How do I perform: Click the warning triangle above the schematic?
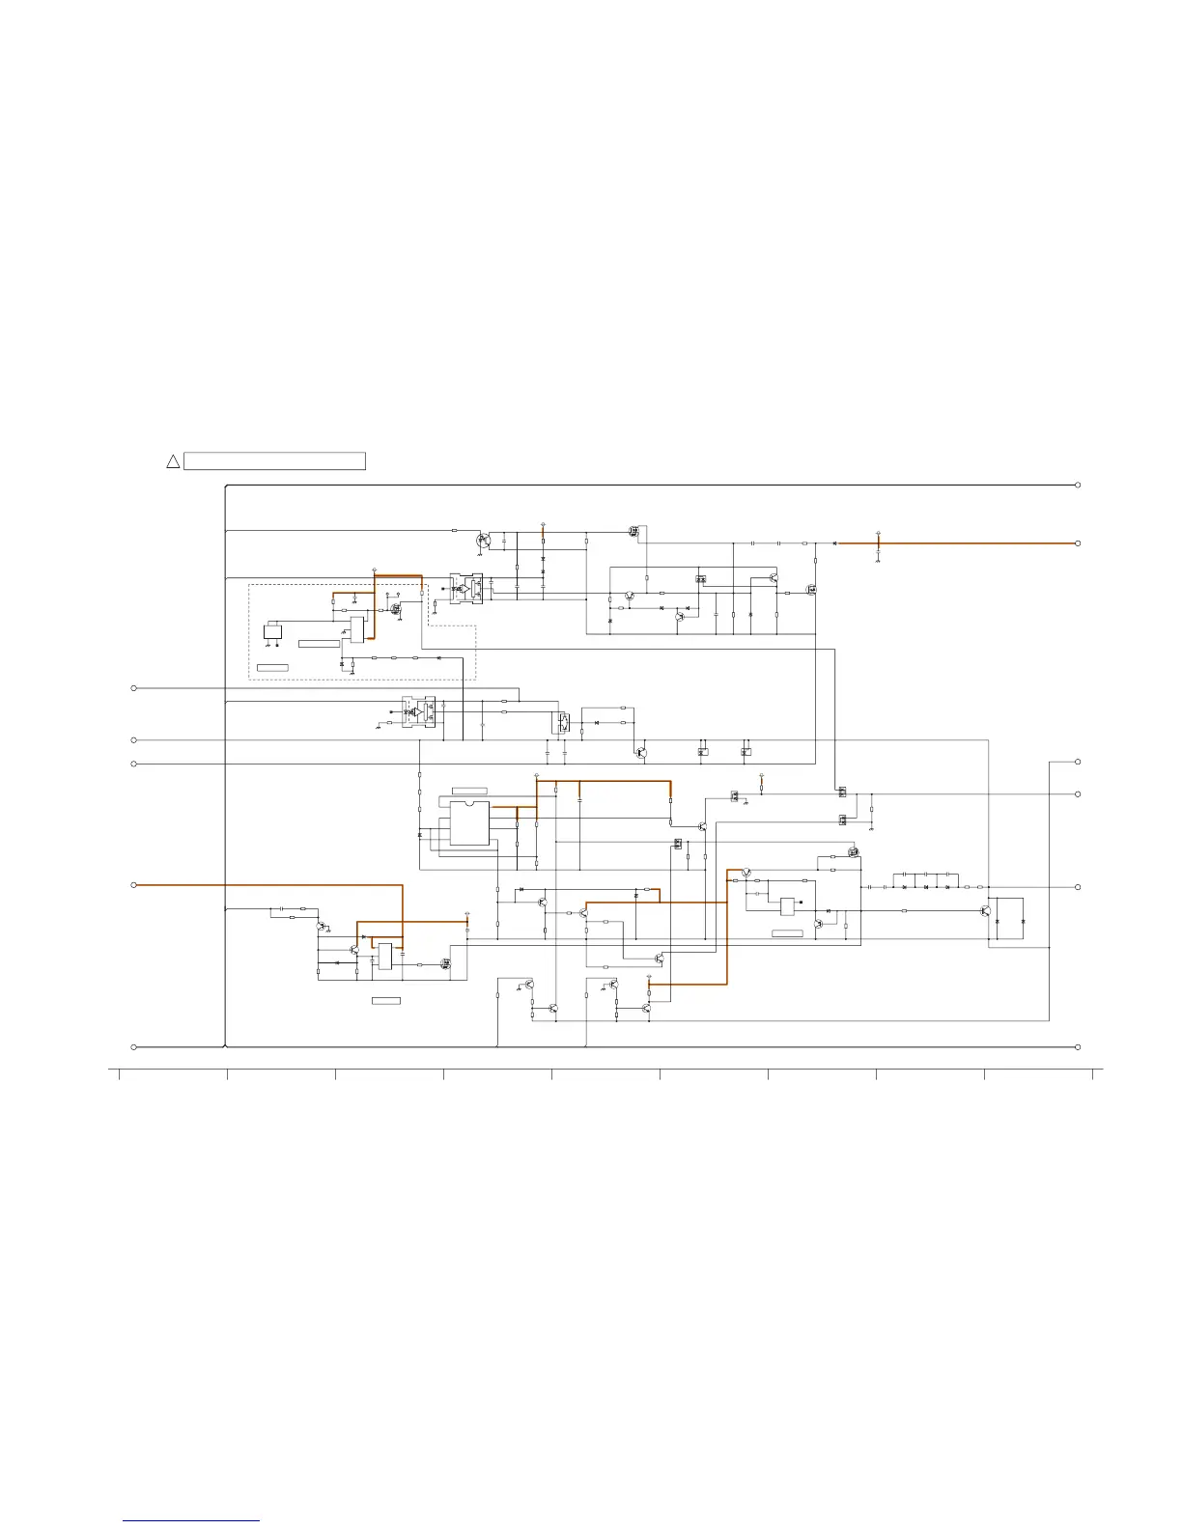pyautogui.click(x=173, y=461)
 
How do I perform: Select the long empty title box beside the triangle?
pyautogui.click(x=274, y=461)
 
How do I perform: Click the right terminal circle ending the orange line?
pyautogui.click(x=1078, y=543)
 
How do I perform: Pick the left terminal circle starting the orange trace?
pyautogui.click(x=134, y=885)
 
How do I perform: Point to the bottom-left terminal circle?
pyautogui.click(x=134, y=1047)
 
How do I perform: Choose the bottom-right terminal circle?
pyautogui.click(x=1078, y=1047)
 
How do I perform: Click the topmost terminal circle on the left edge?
pyautogui.click(x=134, y=688)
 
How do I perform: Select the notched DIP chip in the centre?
pyautogui.click(x=469, y=823)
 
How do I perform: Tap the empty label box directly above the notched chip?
pyautogui.click(x=469, y=791)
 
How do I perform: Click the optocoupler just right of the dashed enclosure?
pyautogui.click(x=466, y=589)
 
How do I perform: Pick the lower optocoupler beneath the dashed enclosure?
pyautogui.click(x=418, y=712)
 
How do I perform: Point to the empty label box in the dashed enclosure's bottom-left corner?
pyautogui.click(x=272, y=668)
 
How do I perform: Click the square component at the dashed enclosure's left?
pyautogui.click(x=273, y=631)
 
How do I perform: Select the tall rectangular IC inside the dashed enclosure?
pyautogui.click(x=357, y=629)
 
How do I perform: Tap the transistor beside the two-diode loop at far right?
pyautogui.click(x=985, y=910)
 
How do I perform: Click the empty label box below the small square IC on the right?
pyautogui.click(x=787, y=933)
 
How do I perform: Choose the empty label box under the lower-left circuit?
pyautogui.click(x=386, y=1000)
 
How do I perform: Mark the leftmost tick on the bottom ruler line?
pyautogui.click(x=119, y=1073)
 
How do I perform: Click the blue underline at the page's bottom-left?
pyautogui.click(x=191, y=1521)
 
